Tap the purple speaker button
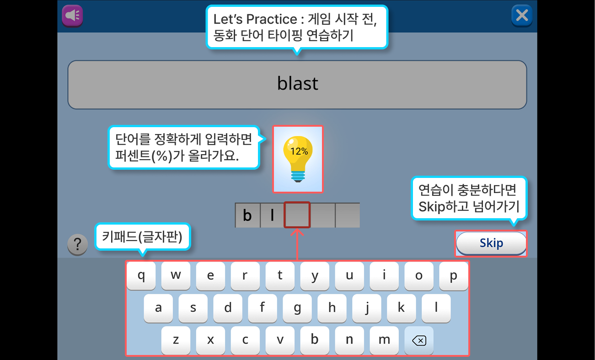[x=72, y=16]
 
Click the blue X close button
[x=522, y=16]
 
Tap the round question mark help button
[x=78, y=244]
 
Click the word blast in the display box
[x=297, y=83]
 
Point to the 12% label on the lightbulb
[x=299, y=151]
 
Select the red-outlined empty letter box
[x=297, y=215]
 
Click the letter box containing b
[x=247, y=215]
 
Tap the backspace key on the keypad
[x=419, y=340]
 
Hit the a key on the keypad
[x=158, y=308]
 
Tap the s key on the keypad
[x=193, y=308]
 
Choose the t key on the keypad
[x=280, y=276]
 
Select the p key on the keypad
[x=453, y=276]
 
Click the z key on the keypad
[x=176, y=340]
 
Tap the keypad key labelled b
[x=315, y=340]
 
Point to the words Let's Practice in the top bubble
[x=255, y=19]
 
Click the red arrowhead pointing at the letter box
[x=297, y=232]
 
